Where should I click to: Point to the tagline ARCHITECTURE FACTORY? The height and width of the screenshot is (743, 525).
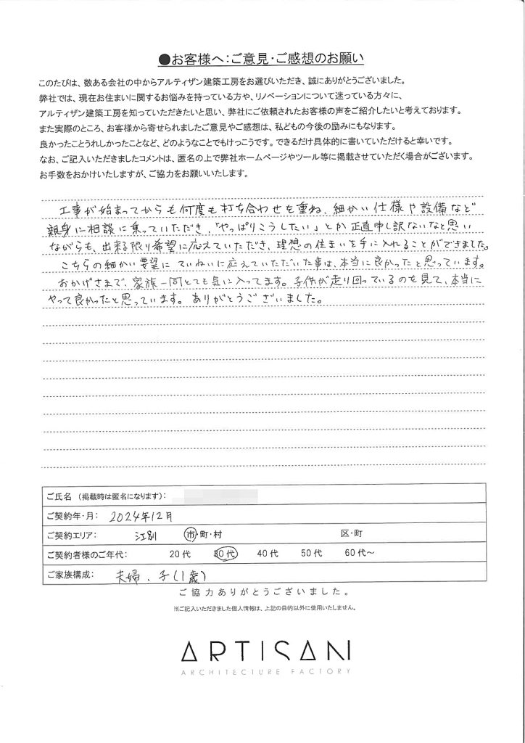(262, 671)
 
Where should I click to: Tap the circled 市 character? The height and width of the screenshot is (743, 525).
(191, 535)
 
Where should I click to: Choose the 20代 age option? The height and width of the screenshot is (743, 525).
(178, 555)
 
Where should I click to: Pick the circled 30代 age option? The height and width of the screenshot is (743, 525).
(221, 555)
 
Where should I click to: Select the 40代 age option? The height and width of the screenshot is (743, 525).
(268, 555)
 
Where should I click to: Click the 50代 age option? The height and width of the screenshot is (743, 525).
(312, 555)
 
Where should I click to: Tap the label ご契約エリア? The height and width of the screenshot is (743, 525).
(71, 535)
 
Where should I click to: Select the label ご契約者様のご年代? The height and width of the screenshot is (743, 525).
(81, 555)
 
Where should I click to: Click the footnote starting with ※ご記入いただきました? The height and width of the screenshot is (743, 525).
(262, 606)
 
